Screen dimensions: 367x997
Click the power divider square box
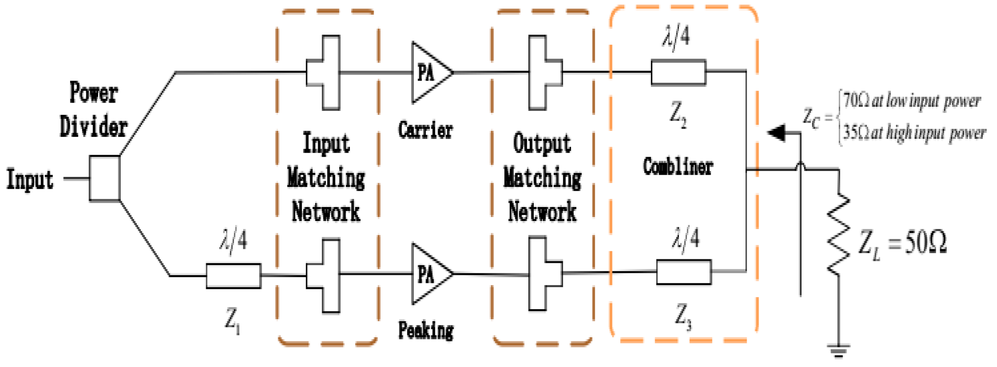click(x=104, y=178)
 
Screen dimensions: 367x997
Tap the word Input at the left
click(x=30, y=179)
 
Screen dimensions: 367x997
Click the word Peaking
click(x=426, y=331)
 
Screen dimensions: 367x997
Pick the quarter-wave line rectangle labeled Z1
click(x=234, y=276)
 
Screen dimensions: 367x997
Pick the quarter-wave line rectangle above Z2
click(x=678, y=73)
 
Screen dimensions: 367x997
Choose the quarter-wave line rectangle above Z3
click(x=684, y=272)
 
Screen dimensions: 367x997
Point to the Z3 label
click(x=683, y=316)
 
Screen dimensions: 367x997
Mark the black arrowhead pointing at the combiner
click(x=777, y=133)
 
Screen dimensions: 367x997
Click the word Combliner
click(x=678, y=166)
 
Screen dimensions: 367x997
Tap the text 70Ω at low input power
click(x=911, y=101)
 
